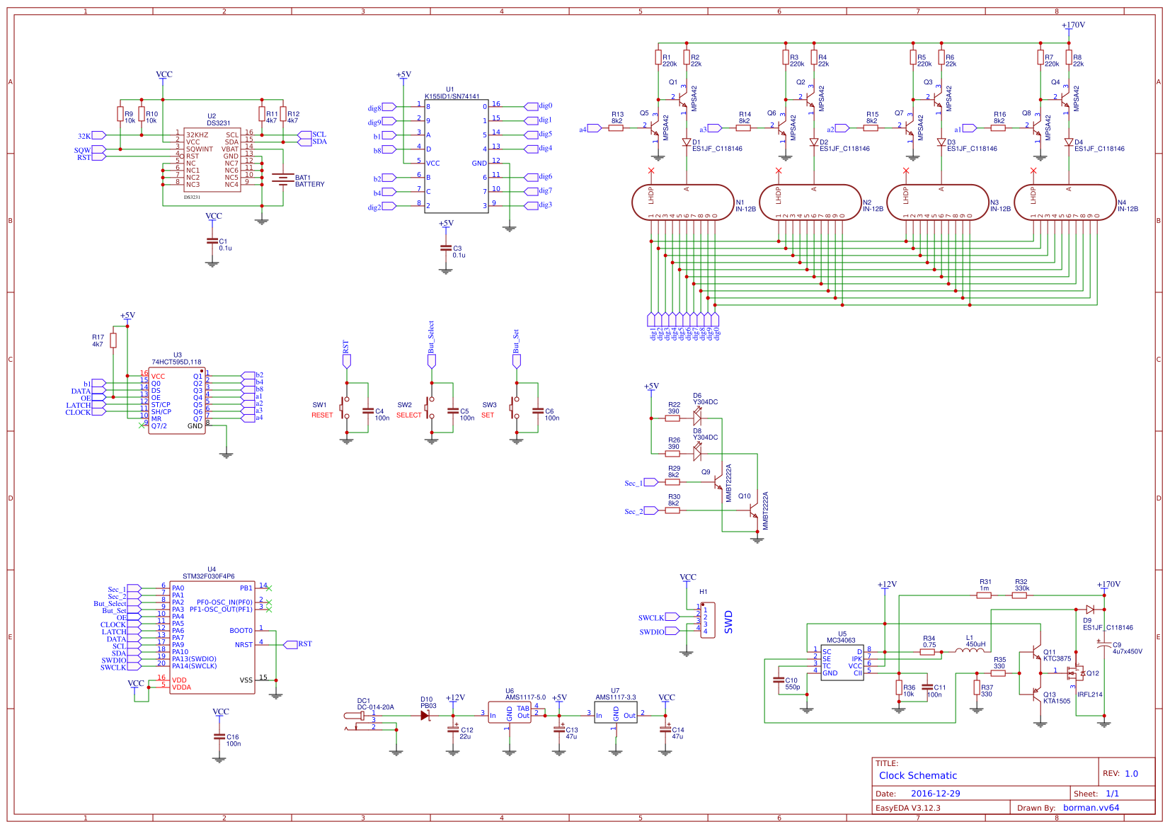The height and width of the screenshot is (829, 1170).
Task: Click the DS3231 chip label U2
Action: [212, 116]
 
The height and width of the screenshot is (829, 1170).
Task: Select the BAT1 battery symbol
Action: [283, 179]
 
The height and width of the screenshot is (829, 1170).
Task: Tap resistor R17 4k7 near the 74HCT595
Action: [113, 341]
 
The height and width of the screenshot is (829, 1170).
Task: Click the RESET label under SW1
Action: [322, 416]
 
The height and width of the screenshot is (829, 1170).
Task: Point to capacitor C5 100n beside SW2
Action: [453, 411]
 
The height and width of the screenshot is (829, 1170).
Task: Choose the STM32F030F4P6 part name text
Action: [208, 576]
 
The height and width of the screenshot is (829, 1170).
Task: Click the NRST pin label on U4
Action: [243, 645]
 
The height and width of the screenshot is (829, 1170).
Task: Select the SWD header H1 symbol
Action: [707, 620]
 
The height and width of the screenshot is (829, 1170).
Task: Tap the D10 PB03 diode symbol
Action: [425, 716]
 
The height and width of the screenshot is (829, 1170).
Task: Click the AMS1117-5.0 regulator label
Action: [525, 697]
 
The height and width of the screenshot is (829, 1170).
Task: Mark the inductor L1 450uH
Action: [969, 650]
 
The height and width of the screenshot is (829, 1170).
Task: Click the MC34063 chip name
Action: [841, 641]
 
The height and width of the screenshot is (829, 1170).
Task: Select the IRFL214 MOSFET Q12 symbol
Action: [1076, 673]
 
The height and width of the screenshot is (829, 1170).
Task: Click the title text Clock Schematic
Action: [917, 775]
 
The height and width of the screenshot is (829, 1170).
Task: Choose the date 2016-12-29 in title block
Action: [935, 794]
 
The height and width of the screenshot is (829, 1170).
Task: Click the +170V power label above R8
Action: [1073, 25]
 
